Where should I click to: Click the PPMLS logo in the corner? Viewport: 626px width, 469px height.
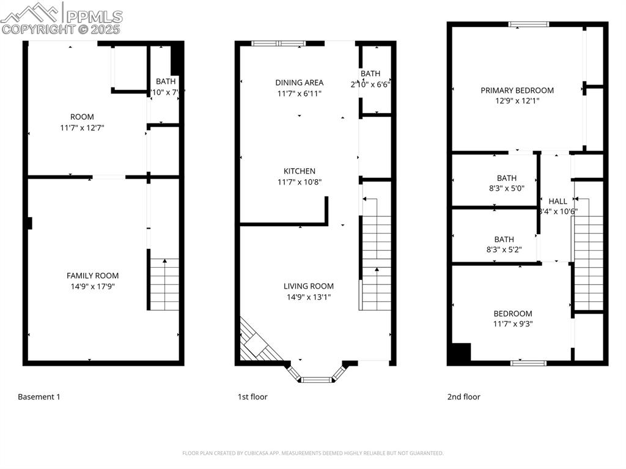(x=61, y=18)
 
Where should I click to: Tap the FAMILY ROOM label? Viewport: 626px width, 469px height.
(x=93, y=276)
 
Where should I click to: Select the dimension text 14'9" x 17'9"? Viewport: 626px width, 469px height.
(x=93, y=286)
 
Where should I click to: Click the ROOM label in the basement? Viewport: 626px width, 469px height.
(x=82, y=117)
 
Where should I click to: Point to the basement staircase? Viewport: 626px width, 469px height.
(x=164, y=284)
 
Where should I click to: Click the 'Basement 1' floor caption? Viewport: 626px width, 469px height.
(x=39, y=397)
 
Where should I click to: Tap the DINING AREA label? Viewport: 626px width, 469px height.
(x=299, y=83)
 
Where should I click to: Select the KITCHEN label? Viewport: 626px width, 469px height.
(x=299, y=171)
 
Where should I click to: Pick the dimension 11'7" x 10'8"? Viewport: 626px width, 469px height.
(x=299, y=182)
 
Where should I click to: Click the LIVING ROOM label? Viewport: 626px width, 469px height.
(x=308, y=286)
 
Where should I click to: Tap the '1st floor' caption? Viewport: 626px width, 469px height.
(x=252, y=397)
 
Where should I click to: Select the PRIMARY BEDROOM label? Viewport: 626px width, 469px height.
(x=517, y=90)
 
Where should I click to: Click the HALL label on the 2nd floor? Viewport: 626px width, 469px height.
(x=558, y=201)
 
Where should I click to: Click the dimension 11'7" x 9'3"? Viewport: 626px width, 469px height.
(x=513, y=324)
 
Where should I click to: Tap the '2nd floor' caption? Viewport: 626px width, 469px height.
(x=463, y=397)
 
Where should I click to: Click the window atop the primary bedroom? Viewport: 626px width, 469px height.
(x=529, y=24)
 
